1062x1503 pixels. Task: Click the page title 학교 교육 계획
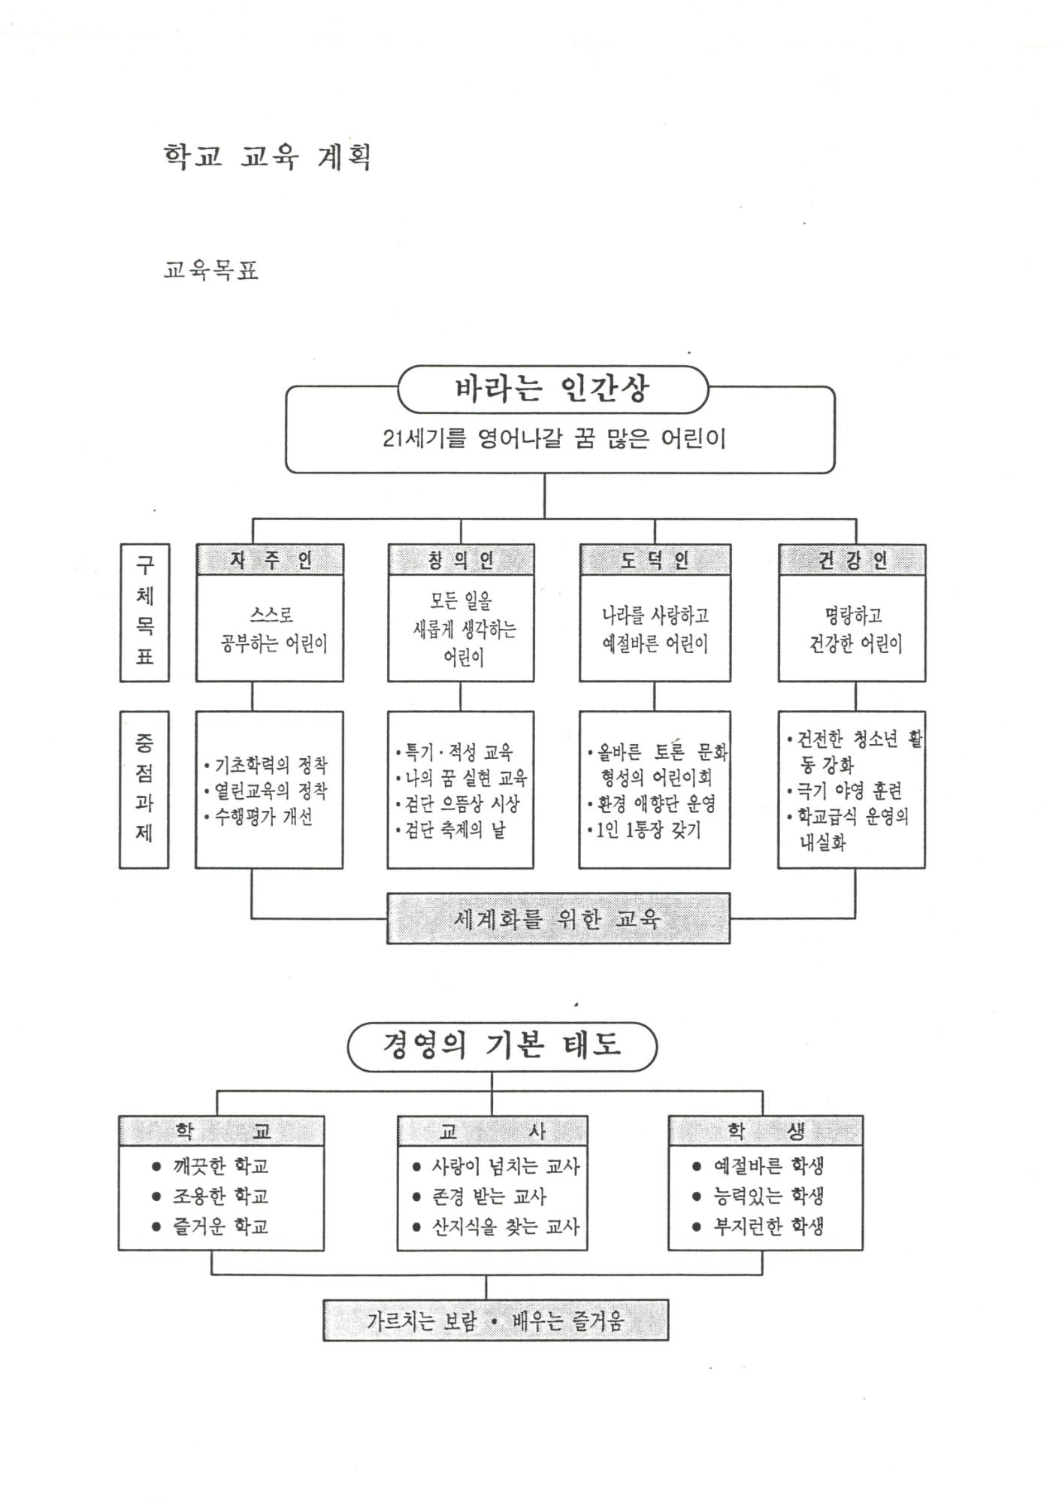tap(267, 156)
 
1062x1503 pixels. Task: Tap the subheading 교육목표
tap(211, 270)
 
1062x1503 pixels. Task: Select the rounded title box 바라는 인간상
tap(552, 389)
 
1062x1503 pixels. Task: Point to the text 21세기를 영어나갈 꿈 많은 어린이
tap(554, 439)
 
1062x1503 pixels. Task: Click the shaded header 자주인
tap(270, 561)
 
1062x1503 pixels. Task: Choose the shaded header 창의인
tap(461, 561)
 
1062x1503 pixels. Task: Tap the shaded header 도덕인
tap(655, 561)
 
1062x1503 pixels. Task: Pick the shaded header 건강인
tap(852, 561)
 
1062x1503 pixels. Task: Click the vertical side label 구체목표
tap(144, 612)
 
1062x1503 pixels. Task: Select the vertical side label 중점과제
tap(144, 789)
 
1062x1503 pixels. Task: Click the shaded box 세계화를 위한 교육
tap(558, 918)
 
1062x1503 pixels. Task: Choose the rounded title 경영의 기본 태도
tap(501, 1046)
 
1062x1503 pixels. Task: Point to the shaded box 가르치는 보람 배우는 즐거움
tap(495, 1320)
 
